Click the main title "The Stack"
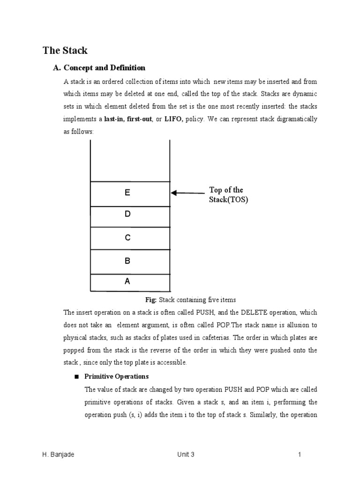[65, 50]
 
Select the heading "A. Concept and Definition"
[99, 67]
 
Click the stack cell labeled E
[130, 193]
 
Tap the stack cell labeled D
[130, 216]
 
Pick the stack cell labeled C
[130, 238]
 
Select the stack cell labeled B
[130, 262]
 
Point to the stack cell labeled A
[130, 282]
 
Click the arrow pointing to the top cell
[187, 193]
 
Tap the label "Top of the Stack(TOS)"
[228, 195]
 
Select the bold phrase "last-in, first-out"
[128, 119]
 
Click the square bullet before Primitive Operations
[76, 376]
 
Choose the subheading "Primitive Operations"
[116, 376]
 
